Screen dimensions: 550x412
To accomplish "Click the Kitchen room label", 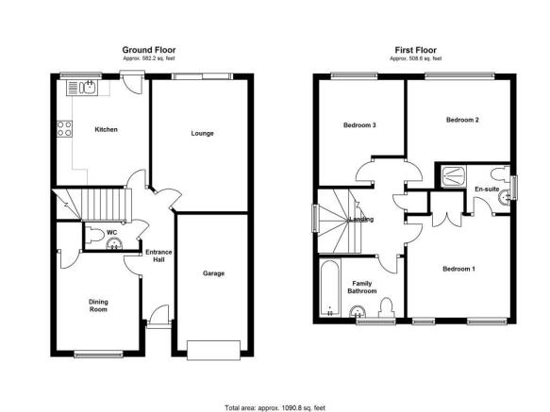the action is pos(106,129).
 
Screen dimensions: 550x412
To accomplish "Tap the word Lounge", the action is pos(202,133).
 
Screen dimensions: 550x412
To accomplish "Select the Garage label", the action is pos(213,273).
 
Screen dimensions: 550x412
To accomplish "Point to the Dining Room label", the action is pos(98,305).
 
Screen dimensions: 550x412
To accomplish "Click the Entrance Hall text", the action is pos(158,255).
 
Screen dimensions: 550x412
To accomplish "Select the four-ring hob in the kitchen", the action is pos(64,128).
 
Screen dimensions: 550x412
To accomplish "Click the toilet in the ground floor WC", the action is pos(94,235).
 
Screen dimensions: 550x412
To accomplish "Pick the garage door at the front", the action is pos(213,350).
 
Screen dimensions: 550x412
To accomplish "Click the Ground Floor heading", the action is pos(149,50).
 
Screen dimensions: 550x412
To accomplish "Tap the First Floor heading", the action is pos(416,50).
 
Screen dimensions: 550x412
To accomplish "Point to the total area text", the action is pos(275,408).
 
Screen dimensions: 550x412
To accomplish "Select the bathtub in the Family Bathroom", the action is pos(330,288).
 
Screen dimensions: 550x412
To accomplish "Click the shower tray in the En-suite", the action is pos(454,176).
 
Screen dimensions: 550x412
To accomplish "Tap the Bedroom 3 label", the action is pos(359,124).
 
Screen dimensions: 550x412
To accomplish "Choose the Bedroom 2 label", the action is pos(462,120).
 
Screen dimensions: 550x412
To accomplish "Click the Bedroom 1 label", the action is pos(458,269).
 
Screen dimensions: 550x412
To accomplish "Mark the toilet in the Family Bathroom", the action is pos(386,307).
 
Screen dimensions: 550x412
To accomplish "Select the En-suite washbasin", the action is pos(504,197).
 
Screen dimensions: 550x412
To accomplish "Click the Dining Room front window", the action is pos(98,354).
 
